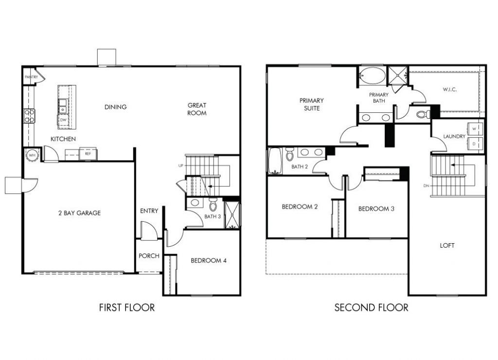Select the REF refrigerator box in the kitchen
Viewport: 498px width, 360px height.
point(88,154)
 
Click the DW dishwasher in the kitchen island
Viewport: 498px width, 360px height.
point(64,120)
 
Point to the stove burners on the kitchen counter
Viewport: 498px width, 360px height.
point(30,116)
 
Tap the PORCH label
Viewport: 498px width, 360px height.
point(149,256)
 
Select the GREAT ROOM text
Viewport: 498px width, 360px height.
point(197,109)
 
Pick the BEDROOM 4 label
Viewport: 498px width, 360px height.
point(208,260)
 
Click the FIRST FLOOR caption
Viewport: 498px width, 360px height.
point(127,307)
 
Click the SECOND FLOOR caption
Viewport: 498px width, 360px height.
point(371,307)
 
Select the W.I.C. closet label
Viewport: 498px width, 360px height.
point(449,90)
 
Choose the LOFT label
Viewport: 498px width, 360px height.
point(447,246)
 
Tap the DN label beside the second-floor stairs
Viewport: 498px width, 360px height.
point(426,186)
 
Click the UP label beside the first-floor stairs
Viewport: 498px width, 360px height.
point(180,166)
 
